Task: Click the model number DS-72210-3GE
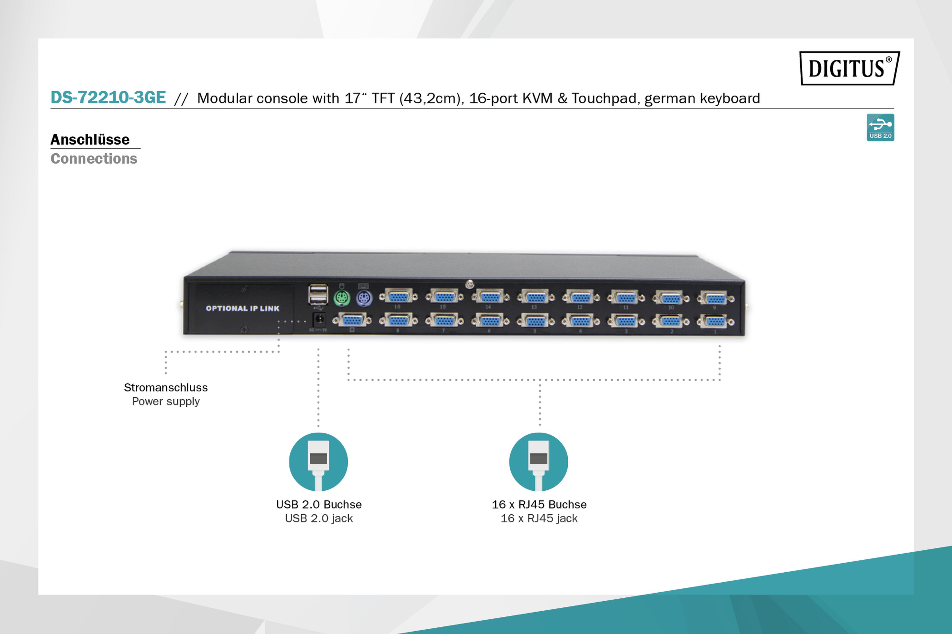(108, 98)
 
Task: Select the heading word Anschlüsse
(90, 140)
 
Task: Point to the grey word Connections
(94, 158)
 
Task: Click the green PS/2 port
(342, 299)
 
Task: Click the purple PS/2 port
(364, 299)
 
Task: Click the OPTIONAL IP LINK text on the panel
(242, 308)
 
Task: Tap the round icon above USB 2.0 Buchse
(318, 462)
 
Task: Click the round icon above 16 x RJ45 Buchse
(539, 462)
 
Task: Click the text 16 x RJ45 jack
(539, 518)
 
